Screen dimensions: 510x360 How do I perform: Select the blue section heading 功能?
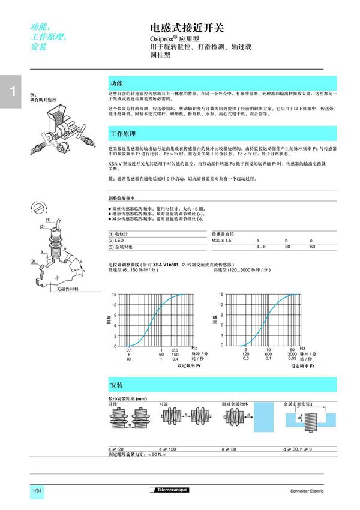116,83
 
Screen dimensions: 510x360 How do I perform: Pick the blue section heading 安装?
116,383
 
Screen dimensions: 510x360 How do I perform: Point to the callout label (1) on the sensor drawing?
48,220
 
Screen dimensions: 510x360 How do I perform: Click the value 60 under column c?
312,247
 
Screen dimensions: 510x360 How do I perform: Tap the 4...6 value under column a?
261,247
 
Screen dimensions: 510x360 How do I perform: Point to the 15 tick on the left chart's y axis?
114,295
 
